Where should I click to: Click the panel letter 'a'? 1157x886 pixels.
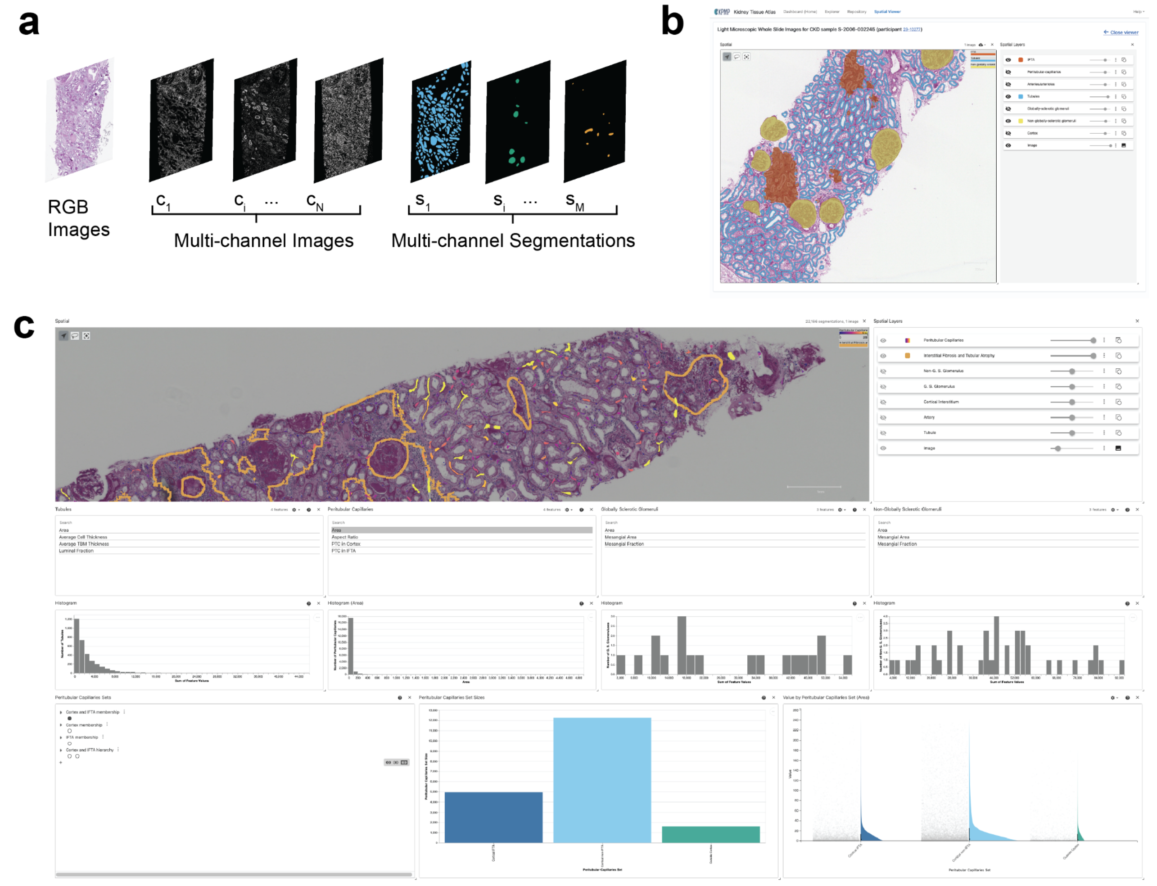pyautogui.click(x=28, y=24)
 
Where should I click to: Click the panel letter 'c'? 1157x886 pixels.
pyautogui.click(x=24, y=326)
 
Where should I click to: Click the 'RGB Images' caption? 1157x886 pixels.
pyautogui.click(x=78, y=218)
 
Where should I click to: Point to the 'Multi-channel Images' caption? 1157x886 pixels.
pyautogui.click(x=263, y=240)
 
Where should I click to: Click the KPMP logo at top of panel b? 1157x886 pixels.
pyautogui.click(x=721, y=12)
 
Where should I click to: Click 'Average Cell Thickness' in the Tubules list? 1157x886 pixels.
pyautogui.click(x=83, y=537)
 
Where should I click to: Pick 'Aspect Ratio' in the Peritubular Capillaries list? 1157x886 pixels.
pyautogui.click(x=344, y=537)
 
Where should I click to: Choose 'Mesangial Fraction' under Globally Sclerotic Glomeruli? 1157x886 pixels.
pyautogui.click(x=624, y=544)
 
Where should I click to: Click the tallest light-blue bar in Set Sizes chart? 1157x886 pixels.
pyautogui.click(x=602, y=781)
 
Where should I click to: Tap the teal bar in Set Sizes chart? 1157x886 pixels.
pyautogui.click(x=710, y=834)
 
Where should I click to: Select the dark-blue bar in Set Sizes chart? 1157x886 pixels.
pyautogui.click(x=493, y=818)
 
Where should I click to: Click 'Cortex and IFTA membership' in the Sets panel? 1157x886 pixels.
pyautogui.click(x=92, y=712)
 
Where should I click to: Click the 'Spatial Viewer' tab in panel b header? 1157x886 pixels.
pyautogui.click(x=887, y=12)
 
